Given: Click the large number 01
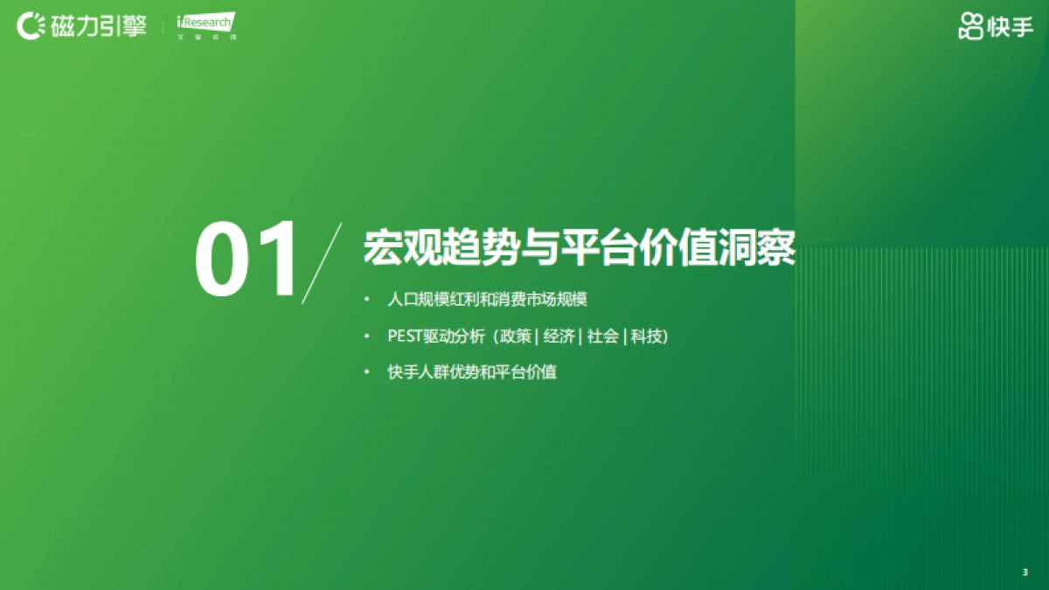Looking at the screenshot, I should [x=247, y=260].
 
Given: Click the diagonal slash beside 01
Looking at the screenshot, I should [x=320, y=263].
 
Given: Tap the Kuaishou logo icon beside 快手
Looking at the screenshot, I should [x=970, y=27].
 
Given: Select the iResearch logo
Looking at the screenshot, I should [x=205, y=25].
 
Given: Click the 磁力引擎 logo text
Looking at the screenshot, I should [x=99, y=26].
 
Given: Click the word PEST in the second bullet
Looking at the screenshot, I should [x=405, y=337].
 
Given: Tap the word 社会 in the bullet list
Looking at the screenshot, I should [x=602, y=337].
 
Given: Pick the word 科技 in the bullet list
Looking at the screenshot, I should [x=647, y=337].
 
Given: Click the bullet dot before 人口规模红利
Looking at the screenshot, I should [x=368, y=300].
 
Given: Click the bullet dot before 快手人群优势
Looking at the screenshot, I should [x=368, y=373].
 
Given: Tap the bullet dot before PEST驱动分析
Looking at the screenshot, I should [x=368, y=337].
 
